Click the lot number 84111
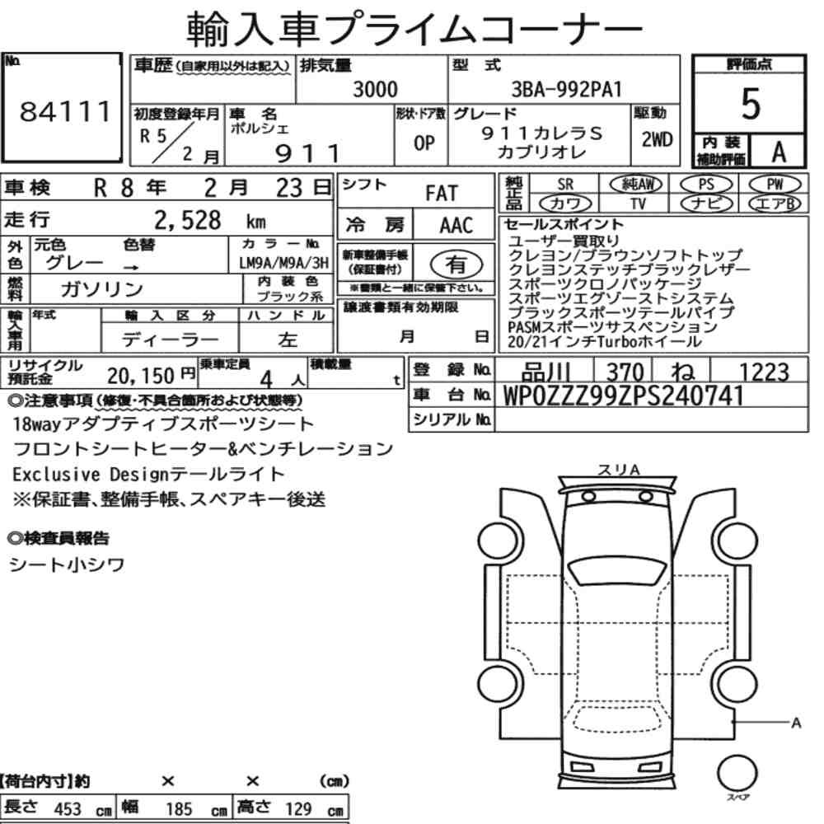tap(65, 111)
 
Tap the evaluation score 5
tap(751, 104)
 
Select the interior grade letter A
tap(779, 152)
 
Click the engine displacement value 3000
tap(375, 89)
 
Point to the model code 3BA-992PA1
tap(567, 89)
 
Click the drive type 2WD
tap(657, 139)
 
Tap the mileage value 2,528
tap(188, 220)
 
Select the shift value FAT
tap(442, 194)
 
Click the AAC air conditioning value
tap(456, 226)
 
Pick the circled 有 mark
tap(456, 264)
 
